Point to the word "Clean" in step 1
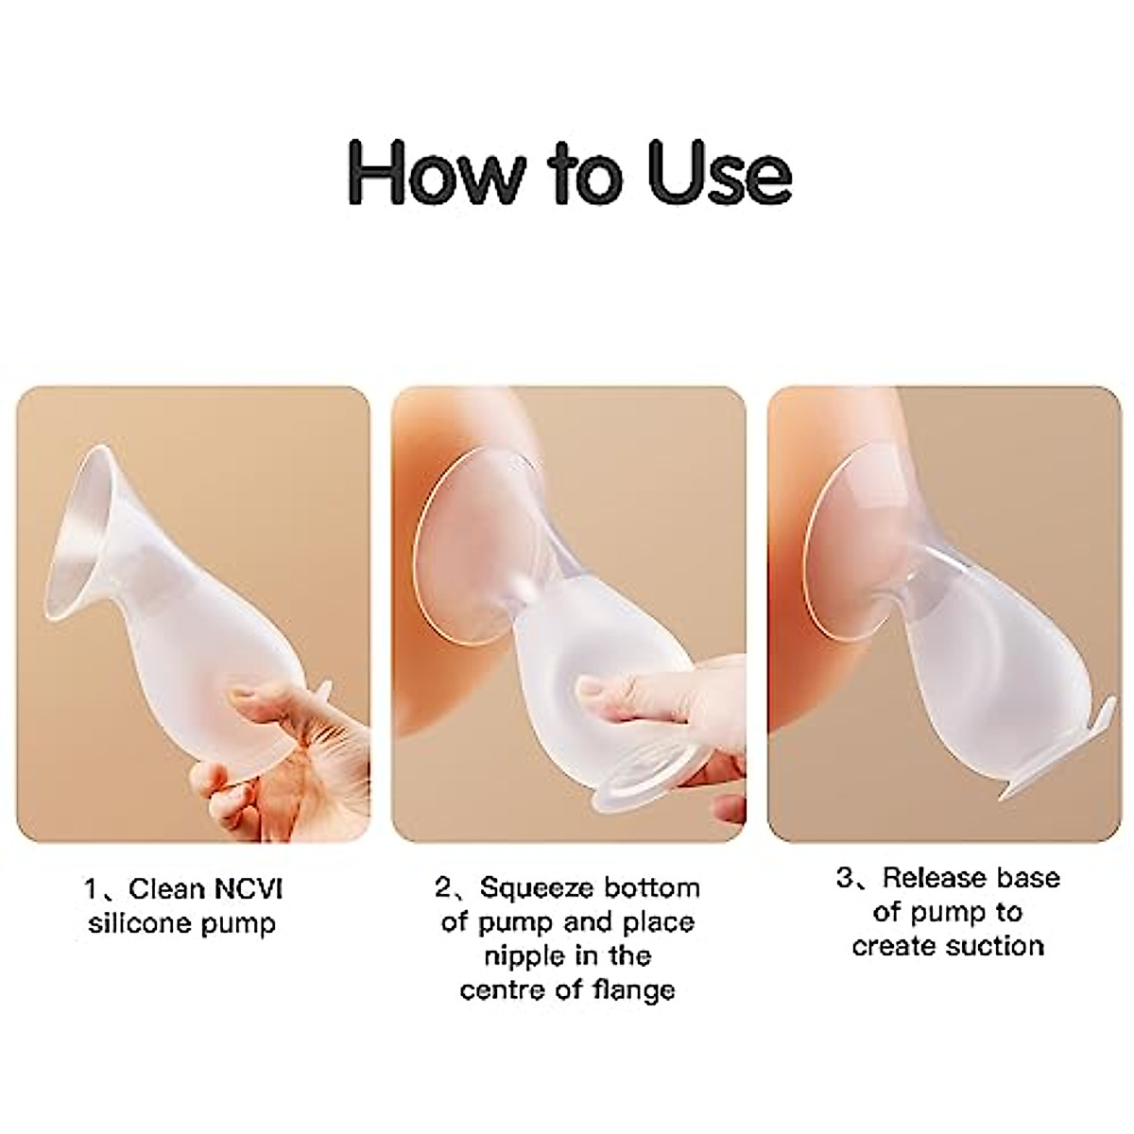167,889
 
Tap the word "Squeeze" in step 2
536,888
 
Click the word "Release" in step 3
936,878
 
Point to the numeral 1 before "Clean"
92,890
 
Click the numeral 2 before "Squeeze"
441,888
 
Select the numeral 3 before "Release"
845,878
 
